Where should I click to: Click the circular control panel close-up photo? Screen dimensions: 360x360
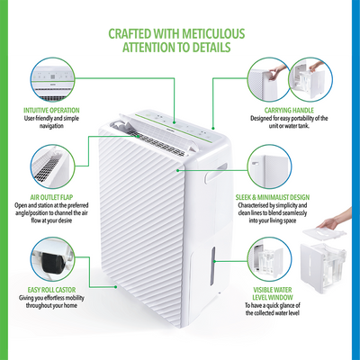click(57, 82)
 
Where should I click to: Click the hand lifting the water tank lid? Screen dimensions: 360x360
click(332, 222)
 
